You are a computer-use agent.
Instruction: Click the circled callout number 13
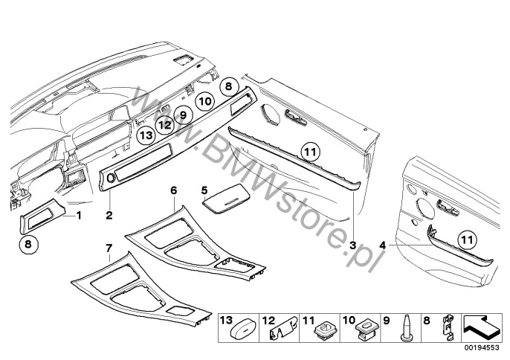[x=146, y=135]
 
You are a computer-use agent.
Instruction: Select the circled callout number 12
[x=165, y=124]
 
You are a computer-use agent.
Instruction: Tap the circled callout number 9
[x=183, y=115]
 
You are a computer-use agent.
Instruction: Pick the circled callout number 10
[x=205, y=101]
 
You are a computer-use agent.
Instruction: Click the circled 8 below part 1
[x=28, y=244]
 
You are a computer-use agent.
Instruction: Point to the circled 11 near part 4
[x=467, y=240]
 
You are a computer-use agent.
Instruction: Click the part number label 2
[x=109, y=215]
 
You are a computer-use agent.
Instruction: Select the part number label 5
[x=204, y=190]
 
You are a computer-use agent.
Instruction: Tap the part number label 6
[x=174, y=190]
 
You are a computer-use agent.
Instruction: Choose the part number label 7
[x=109, y=248]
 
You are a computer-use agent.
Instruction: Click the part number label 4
[x=383, y=245]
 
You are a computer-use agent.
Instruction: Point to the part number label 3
[x=353, y=245]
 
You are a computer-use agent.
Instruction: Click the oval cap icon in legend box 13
[x=244, y=331]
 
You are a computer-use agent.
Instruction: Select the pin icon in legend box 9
[x=406, y=328]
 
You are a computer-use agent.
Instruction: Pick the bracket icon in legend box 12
[x=284, y=328]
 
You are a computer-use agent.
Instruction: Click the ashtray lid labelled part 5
[x=226, y=199]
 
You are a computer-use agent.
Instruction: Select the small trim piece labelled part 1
[x=42, y=216]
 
